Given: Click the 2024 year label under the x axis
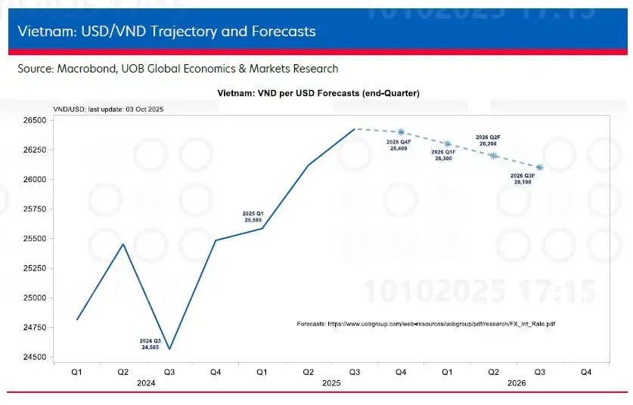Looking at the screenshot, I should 147,383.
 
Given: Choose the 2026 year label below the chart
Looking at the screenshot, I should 517,383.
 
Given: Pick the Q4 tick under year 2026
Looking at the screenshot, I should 585,372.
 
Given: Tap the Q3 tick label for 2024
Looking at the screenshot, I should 169,372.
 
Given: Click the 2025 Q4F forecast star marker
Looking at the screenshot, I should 401,131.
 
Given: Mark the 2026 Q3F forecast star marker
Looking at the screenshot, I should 539,167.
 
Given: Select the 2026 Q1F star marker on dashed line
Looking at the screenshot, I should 447,144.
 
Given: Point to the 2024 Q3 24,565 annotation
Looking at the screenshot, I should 150,345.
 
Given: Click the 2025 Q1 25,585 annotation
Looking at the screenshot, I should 253,217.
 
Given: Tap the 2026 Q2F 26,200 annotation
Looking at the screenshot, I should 488,140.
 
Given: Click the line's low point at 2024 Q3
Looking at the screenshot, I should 169,349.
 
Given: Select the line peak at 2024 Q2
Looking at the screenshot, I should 123,244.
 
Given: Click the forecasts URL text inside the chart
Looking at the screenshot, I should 427,323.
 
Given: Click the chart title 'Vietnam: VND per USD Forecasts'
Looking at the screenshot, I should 318,93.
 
